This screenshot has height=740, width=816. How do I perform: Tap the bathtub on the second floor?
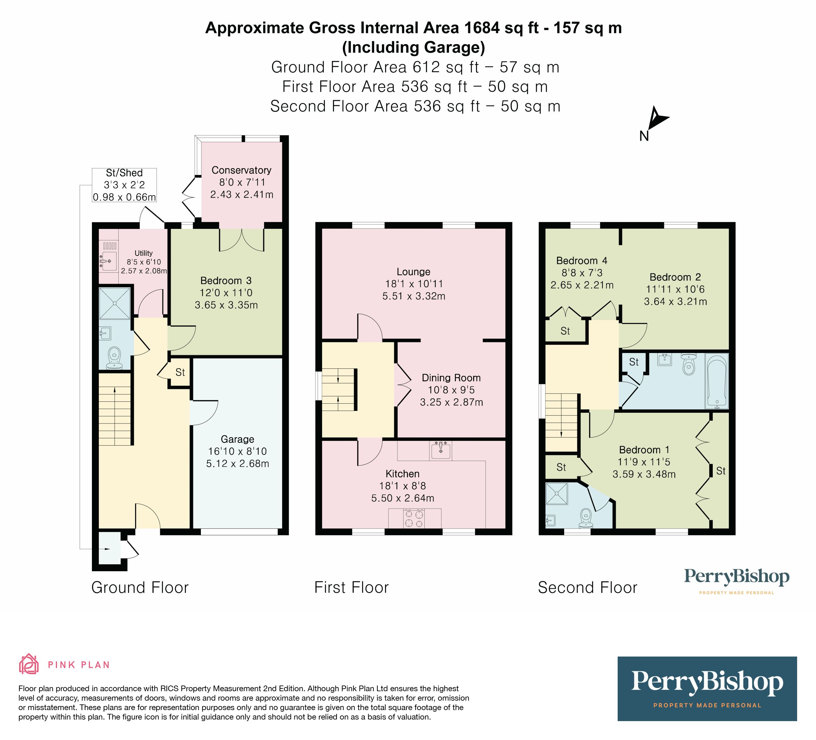[x=717, y=380]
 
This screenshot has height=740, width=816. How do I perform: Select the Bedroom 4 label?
[x=582, y=261]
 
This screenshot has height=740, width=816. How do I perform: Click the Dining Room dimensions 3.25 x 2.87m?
[x=451, y=402]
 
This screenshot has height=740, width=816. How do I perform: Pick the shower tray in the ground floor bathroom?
[x=115, y=303]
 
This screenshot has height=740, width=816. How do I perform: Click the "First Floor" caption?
[x=351, y=587]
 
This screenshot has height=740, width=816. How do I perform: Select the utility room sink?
[x=109, y=261]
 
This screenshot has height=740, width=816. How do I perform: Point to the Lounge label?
[x=413, y=272]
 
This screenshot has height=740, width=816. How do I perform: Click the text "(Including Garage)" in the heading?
[x=413, y=47]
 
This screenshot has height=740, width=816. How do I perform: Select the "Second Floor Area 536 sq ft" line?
[x=415, y=106]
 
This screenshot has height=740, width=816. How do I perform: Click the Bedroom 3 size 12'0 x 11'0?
[x=226, y=293]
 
